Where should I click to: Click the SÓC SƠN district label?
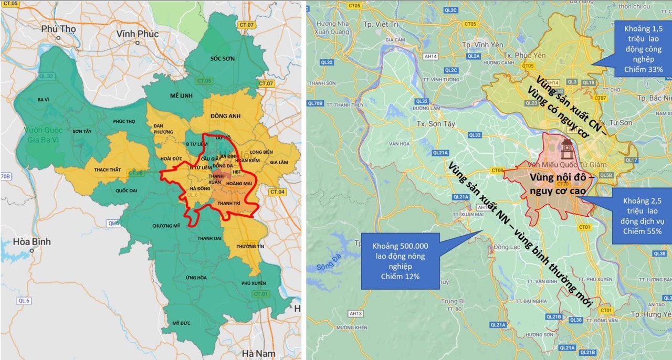tap(222, 59)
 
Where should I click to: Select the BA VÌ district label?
tap(43, 100)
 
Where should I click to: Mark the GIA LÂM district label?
tap(279, 163)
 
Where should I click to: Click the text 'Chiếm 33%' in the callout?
tap(643, 69)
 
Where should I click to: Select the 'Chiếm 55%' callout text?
tap(642, 231)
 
